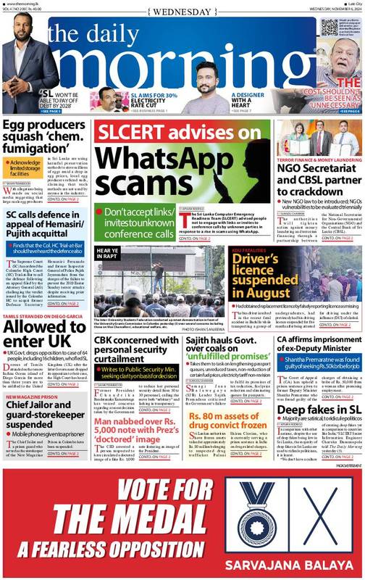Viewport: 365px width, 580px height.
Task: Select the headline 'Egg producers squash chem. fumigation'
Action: [46, 138]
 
